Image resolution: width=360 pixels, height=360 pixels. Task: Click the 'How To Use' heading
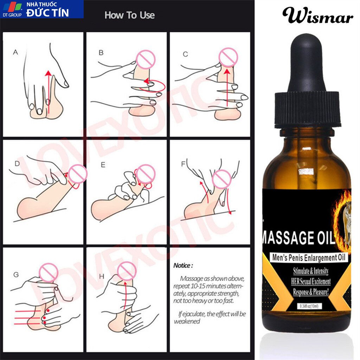point(129,15)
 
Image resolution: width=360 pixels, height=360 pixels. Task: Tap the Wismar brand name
point(318,15)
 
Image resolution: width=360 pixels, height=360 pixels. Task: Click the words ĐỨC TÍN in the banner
point(47,13)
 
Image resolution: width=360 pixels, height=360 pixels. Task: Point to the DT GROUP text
point(12,15)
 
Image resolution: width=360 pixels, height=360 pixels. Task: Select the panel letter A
point(15,52)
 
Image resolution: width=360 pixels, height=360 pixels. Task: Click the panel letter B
point(101,53)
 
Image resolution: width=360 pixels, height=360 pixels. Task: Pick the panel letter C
point(185,54)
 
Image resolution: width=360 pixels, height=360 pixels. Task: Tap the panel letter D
point(17,163)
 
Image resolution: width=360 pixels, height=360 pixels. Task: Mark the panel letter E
point(103,165)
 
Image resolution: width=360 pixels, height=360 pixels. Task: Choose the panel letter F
point(183,164)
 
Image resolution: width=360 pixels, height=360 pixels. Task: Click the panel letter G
point(16,274)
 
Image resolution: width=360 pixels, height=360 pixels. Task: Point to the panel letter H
point(102,276)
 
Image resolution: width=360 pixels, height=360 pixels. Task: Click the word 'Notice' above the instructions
point(182,265)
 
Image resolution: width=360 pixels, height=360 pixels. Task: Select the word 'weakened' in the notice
point(187,321)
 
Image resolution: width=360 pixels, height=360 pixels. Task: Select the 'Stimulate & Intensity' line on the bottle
point(311,271)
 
